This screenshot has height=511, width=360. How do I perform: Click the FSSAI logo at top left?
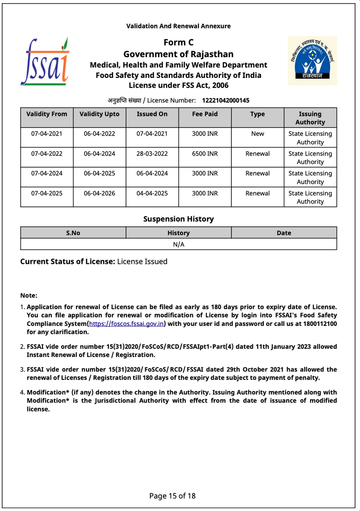click(45, 62)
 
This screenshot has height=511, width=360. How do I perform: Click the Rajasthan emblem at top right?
click(312, 61)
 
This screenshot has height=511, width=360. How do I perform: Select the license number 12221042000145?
click(225, 100)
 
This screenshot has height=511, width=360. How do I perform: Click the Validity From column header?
click(47, 114)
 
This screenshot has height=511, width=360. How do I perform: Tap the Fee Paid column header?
click(205, 114)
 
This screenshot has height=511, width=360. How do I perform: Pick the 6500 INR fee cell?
click(205, 154)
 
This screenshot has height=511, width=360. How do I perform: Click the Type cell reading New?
click(257, 134)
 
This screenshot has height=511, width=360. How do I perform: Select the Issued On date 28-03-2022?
click(152, 154)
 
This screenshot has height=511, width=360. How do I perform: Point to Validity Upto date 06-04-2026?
click(99, 193)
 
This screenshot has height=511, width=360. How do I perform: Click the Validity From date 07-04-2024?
click(47, 173)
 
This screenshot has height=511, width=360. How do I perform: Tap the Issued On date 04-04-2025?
click(152, 193)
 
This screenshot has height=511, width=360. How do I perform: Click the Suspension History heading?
click(178, 219)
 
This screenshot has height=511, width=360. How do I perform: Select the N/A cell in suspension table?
click(179, 244)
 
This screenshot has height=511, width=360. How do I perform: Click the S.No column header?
click(73, 233)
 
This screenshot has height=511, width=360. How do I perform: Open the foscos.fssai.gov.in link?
click(127, 324)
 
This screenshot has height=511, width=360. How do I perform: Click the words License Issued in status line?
click(142, 262)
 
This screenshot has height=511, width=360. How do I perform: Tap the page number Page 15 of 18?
click(172, 496)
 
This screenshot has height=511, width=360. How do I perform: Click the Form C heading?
click(178, 43)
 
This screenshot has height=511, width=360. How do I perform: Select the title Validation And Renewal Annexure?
click(178, 26)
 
